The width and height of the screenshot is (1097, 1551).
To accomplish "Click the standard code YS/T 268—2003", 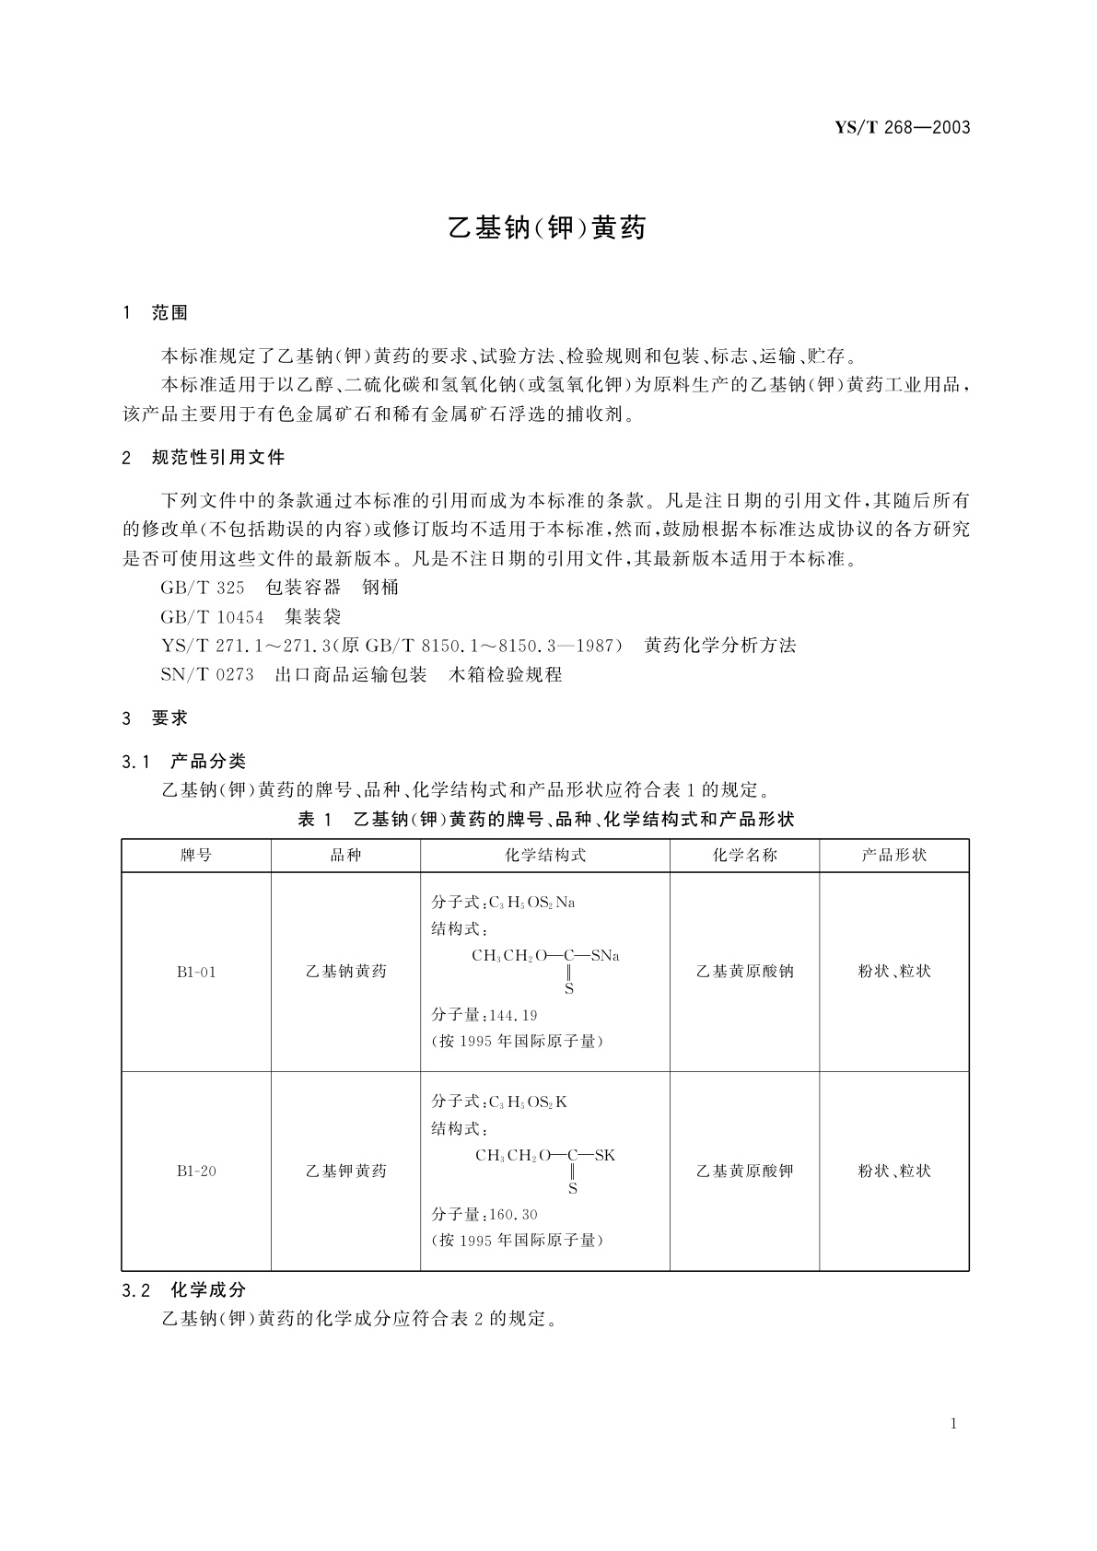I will (902, 128).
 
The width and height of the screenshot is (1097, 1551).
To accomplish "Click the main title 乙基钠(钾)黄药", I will (547, 227).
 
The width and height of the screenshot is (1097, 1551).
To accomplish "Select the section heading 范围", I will (169, 313).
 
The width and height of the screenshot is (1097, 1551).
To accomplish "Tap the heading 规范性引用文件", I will (218, 458).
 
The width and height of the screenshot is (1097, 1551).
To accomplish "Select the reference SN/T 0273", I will (206, 675).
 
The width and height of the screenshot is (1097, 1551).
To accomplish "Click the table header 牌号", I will (196, 856).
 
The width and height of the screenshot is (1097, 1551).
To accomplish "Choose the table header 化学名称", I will (744, 856).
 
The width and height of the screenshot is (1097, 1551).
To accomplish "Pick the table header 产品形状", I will (893, 856).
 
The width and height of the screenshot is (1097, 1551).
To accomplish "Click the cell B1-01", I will (196, 972).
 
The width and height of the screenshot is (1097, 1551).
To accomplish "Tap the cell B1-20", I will (196, 1172).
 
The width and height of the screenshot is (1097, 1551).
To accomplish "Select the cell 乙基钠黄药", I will (345, 972).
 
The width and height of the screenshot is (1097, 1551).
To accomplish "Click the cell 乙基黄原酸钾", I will (744, 1172).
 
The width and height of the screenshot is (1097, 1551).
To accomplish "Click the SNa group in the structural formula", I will (604, 956).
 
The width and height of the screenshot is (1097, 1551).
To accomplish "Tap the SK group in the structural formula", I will (604, 1156).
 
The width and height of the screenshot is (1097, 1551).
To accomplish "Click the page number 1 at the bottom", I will (953, 1424).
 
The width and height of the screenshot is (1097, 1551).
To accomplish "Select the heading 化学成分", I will (208, 1290).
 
